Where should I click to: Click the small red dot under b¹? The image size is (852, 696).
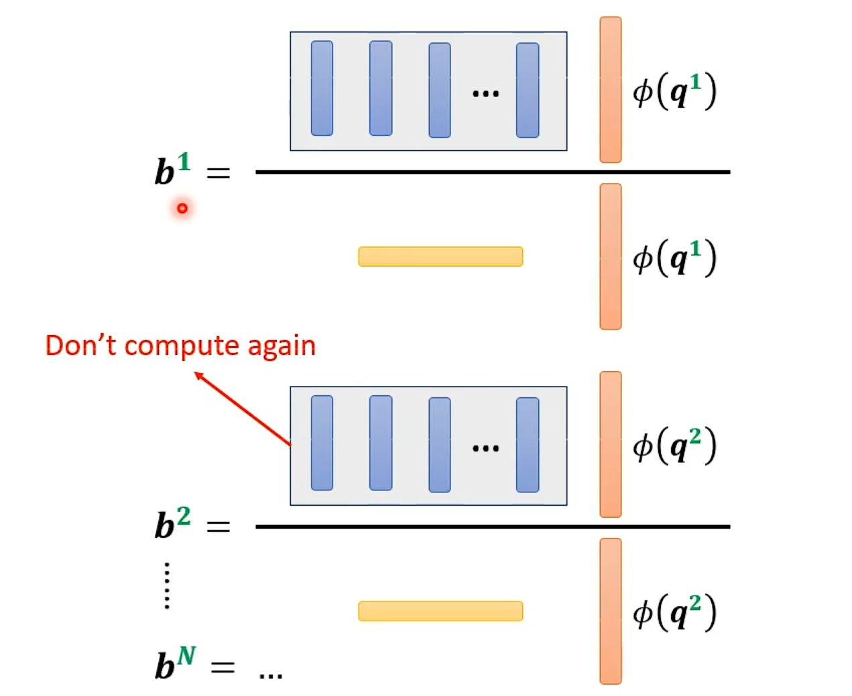[182, 208]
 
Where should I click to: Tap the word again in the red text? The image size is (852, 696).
[282, 346]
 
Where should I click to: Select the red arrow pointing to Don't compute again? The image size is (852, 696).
[243, 409]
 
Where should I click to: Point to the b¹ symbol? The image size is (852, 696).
[172, 169]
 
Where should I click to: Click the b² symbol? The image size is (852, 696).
[172, 523]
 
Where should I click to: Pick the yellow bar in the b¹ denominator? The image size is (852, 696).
[440, 257]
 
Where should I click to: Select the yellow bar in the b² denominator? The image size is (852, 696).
[440, 611]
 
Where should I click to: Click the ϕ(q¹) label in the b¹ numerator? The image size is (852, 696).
[674, 91]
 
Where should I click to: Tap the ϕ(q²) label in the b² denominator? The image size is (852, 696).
[674, 612]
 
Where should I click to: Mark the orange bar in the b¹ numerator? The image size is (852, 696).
[610, 90]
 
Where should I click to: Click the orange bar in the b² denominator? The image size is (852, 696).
[610, 611]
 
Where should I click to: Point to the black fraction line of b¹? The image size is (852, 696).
[493, 172]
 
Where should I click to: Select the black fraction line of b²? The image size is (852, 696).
[493, 527]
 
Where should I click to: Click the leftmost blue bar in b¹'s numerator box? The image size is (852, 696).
[322, 88]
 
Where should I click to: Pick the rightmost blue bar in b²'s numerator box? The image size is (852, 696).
[528, 445]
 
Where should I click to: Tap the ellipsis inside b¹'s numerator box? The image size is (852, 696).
[485, 94]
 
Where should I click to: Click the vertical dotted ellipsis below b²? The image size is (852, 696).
[167, 585]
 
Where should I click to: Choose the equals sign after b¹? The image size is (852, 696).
[218, 173]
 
